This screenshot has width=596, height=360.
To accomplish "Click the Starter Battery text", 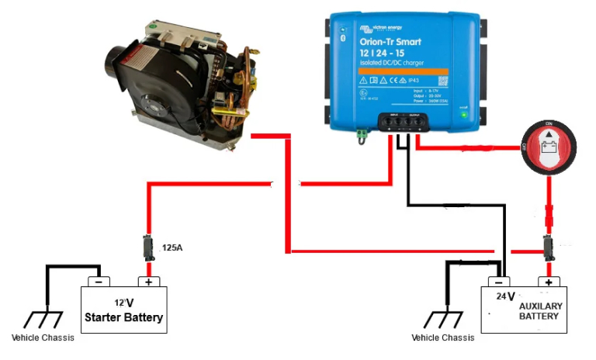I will [124, 317].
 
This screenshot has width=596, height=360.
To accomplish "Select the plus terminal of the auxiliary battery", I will [549, 282].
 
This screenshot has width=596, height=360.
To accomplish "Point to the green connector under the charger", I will [362, 135].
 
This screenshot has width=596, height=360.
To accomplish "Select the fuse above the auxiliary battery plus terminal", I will [549, 247].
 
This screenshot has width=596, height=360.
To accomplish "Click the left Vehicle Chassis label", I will [46, 337].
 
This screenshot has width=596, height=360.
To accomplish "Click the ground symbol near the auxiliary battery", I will [445, 319].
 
